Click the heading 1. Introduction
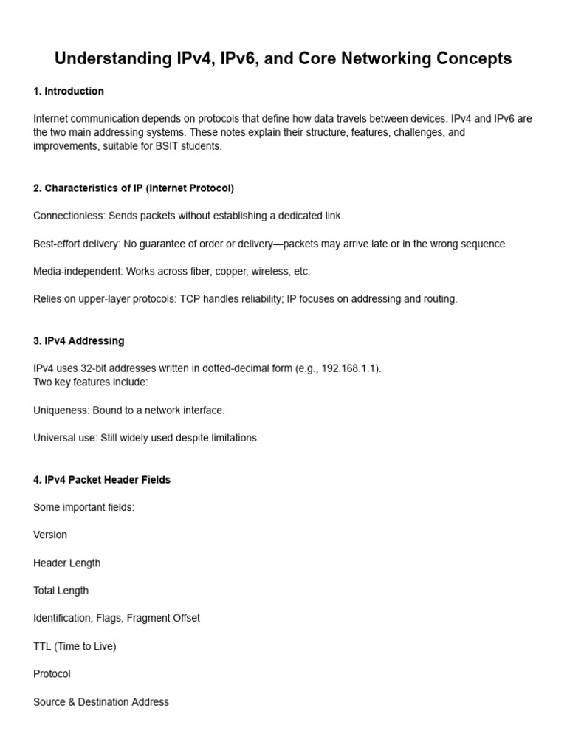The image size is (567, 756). [69, 92]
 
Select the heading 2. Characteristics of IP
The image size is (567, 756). [134, 188]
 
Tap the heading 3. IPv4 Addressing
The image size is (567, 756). [79, 341]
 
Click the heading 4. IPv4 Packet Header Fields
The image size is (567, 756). [102, 480]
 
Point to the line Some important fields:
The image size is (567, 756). [84, 507]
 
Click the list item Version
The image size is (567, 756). [50, 535]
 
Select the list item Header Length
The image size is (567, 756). [67, 563]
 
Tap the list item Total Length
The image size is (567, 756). [61, 591]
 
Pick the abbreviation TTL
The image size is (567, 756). [43, 646]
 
